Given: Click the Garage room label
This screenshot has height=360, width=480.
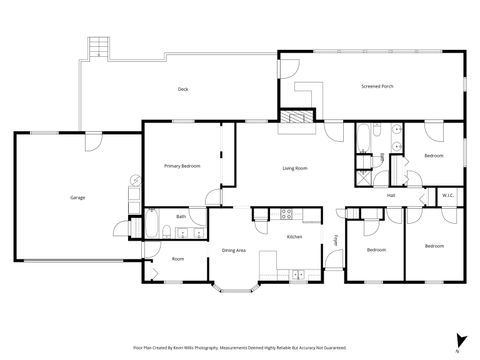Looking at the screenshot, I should click(77, 197).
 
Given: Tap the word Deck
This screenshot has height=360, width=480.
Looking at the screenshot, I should click(183, 89).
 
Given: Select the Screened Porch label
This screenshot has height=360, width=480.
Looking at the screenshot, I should click(377, 86).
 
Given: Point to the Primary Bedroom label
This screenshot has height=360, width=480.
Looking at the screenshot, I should click(183, 165).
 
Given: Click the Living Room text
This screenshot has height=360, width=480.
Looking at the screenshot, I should click(294, 167).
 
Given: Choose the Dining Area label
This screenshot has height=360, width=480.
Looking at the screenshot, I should click(234, 249).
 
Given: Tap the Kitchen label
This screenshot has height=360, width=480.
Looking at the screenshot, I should click(295, 237).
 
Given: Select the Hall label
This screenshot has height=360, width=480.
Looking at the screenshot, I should click(391, 195).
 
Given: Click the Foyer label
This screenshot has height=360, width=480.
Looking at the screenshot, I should click(335, 240).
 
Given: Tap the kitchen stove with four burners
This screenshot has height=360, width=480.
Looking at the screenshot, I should click(287, 212).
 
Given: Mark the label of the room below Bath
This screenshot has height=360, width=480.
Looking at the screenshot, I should click(178, 259).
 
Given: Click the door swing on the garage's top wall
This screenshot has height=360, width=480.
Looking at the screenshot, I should click(93, 141).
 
